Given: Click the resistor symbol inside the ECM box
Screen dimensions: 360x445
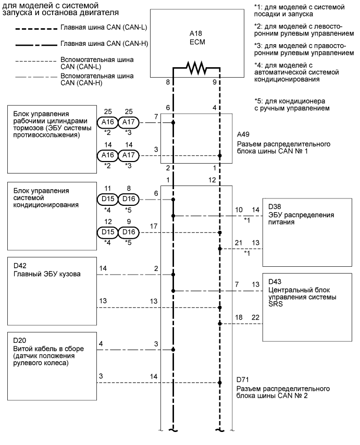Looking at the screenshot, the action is point(196,68).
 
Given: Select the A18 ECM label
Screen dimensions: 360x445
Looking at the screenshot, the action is point(197,38).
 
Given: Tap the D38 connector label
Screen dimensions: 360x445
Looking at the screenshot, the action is point(275,206).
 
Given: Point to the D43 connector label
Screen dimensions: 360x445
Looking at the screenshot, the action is point(275,281).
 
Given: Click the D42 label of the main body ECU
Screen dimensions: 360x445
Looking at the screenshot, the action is point(20,266).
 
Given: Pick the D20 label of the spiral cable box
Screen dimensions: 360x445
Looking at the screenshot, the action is point(20,340).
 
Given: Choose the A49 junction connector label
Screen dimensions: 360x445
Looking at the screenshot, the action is point(243,134).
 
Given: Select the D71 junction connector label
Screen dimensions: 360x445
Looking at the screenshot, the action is point(243,380).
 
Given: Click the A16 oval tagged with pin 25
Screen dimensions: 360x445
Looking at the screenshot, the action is point(107,122).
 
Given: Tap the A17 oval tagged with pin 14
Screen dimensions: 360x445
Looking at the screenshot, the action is point(129,155).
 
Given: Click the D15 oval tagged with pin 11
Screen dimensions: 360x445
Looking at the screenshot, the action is point(107,199).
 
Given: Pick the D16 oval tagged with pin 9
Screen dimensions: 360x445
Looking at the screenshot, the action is point(129,232).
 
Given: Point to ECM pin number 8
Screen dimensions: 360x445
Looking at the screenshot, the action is point(168,82).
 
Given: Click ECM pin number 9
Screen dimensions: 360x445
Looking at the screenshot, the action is point(215,82).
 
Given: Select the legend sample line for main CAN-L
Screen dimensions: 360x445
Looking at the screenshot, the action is point(36,29).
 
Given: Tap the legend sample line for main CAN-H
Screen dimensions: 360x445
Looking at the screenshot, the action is point(36,45).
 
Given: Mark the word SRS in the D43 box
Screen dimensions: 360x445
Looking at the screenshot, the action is point(276,304).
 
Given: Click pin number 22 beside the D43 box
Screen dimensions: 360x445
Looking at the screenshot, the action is point(255,317).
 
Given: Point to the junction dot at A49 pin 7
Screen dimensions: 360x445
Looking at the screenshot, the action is point(173,122).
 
